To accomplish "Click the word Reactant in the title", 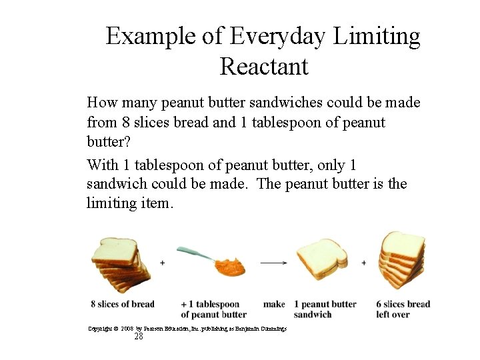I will point(263,67).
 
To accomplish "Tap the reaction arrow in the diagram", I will point(273,263).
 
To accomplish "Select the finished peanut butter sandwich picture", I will point(321,260).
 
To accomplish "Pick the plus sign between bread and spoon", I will point(163,263).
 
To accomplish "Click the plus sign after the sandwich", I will point(363,263).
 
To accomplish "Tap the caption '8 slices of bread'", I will point(123,305).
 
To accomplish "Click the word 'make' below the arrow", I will point(274,305).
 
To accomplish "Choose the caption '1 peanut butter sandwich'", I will point(325,309).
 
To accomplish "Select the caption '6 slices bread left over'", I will point(403,309).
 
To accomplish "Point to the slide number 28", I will point(139,337).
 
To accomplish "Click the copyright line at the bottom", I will point(187,329).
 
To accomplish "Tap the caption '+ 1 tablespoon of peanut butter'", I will point(213,309).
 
